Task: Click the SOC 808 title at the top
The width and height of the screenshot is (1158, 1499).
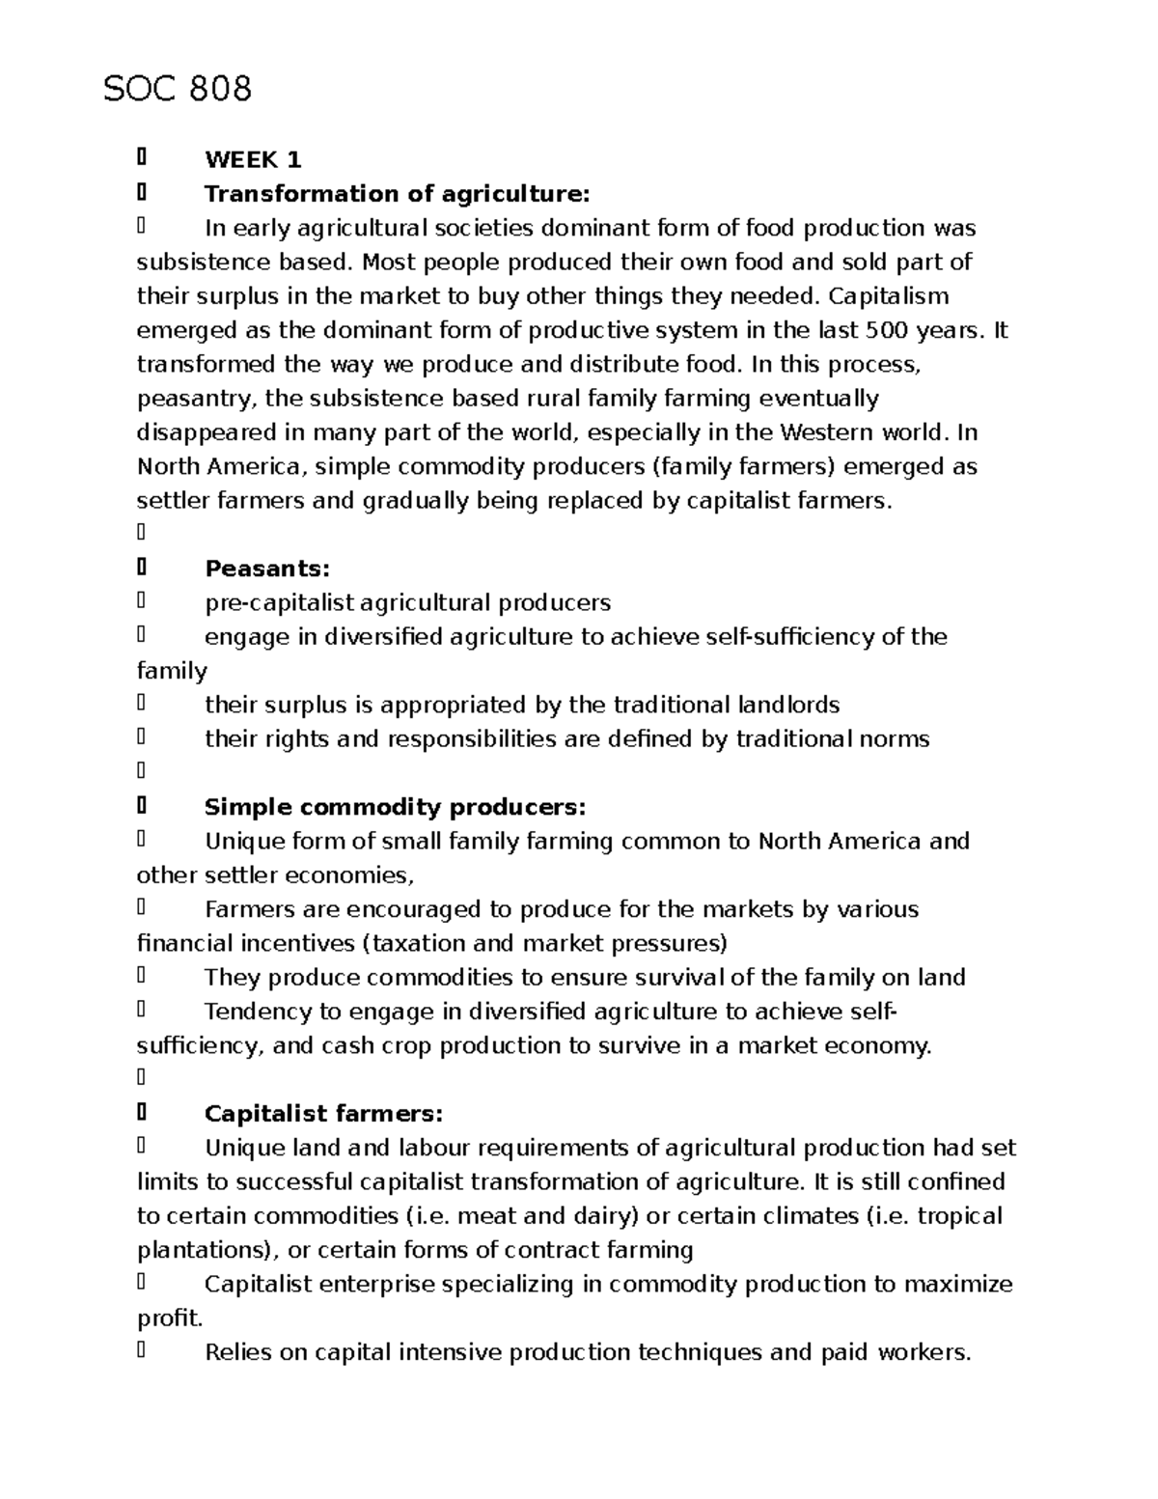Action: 178,89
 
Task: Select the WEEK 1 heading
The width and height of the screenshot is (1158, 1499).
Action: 253,160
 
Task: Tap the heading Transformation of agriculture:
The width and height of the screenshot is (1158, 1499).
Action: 396,194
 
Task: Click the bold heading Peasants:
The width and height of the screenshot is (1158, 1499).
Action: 267,569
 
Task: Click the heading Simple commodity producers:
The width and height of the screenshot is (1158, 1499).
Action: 395,807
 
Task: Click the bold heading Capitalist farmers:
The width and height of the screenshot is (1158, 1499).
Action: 323,1114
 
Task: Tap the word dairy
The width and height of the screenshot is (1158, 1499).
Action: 598,1216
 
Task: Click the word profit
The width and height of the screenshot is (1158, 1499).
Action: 169,1319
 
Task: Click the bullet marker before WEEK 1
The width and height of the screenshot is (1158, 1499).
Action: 142,157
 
